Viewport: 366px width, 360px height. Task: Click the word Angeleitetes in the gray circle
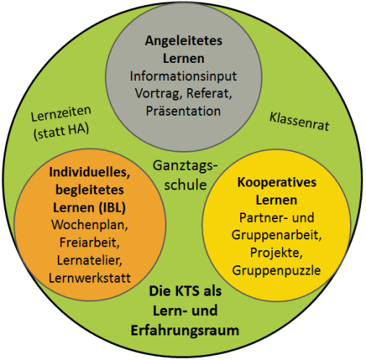tap(184, 41)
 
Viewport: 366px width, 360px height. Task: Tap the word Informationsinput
tap(183, 77)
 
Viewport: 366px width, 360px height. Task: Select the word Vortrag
tap(158, 93)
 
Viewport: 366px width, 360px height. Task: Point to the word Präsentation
tap(183, 111)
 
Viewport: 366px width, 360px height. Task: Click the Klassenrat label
tap(299, 121)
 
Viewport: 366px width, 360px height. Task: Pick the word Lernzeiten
tap(61, 113)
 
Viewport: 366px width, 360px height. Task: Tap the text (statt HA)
tap(61, 132)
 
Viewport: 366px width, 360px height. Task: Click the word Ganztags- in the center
tap(185, 166)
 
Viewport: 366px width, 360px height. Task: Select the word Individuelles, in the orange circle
tap(90, 173)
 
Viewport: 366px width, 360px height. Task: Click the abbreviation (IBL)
tap(113, 207)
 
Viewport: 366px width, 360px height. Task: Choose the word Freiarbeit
tap(90, 243)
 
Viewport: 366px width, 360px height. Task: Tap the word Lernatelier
tap(90, 260)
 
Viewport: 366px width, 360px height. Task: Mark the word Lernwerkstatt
tap(90, 278)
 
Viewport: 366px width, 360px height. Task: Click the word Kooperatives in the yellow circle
tap(277, 183)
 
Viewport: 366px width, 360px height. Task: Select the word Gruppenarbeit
tap(276, 235)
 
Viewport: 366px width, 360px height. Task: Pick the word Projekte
tap(276, 253)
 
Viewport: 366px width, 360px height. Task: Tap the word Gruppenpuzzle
tap(276, 270)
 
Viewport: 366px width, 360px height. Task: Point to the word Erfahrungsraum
tap(185, 330)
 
